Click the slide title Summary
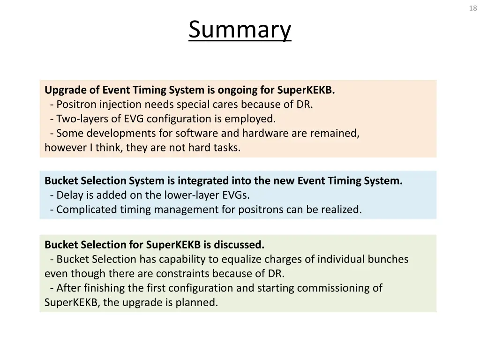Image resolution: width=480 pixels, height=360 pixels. tap(240, 30)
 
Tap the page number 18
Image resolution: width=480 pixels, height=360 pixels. tap(472, 8)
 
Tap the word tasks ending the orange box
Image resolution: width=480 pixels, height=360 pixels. tap(226, 148)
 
